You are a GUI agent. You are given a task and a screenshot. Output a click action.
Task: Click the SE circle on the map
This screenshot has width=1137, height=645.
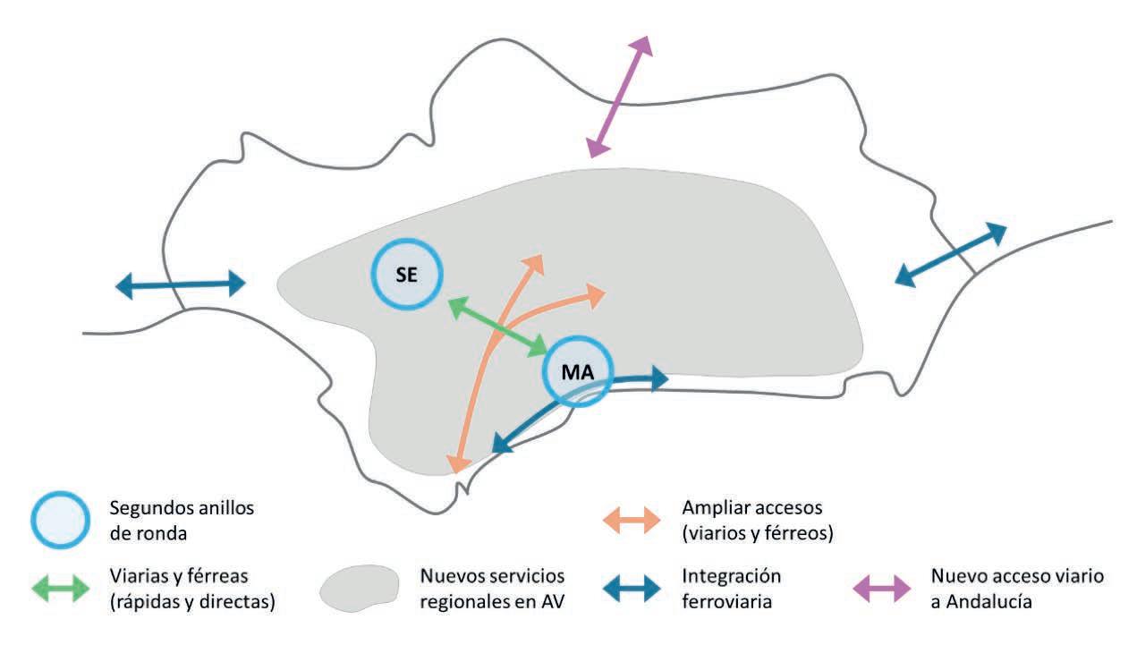(x=407, y=275)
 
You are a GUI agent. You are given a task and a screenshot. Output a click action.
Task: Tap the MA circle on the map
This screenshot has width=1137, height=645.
(x=577, y=371)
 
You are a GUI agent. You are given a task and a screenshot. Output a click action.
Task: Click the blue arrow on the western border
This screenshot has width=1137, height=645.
(x=180, y=285)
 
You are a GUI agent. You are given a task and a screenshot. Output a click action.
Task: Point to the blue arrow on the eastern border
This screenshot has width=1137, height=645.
(x=950, y=255)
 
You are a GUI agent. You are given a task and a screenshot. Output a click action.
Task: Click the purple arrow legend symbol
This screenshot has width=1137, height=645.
(x=882, y=588)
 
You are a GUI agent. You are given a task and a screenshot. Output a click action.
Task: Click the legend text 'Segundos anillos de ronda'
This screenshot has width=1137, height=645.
(x=181, y=520)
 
